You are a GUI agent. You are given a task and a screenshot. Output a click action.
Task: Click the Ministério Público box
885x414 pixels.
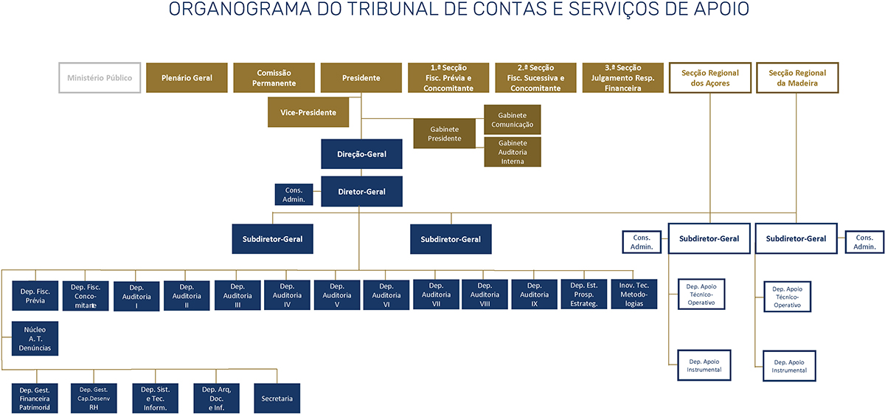pos(100,77)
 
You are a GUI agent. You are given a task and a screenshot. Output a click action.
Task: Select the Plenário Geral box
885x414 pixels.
pos(187,77)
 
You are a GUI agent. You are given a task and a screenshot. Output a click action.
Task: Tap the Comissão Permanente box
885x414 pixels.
pos(274,77)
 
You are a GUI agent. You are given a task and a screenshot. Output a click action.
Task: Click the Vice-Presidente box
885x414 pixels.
pos(308,113)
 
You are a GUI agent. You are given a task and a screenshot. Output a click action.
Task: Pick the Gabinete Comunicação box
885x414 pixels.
pos(513,120)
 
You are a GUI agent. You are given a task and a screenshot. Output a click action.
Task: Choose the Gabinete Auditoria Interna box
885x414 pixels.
pos(513,151)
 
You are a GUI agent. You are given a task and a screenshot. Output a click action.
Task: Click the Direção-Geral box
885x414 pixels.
pos(361,154)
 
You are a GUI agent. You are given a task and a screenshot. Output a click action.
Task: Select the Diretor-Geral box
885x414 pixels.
pos(361,191)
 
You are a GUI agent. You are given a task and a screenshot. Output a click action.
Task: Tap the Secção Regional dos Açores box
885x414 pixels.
pos(709,77)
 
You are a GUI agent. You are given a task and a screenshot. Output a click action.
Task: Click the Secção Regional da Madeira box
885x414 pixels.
pos(797,77)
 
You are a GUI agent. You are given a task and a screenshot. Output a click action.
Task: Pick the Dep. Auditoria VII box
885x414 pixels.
pos(436,294)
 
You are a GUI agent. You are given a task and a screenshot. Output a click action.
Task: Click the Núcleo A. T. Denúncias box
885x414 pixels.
pos(35,339)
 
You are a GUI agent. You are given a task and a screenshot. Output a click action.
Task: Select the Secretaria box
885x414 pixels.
pos(277,399)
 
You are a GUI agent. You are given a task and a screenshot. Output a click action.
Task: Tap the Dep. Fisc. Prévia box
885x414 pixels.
pos(35,294)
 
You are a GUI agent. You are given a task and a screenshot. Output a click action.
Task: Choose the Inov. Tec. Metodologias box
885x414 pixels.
pos(634,294)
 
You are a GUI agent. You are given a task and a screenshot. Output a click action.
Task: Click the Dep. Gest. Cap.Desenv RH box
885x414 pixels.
pos(94,399)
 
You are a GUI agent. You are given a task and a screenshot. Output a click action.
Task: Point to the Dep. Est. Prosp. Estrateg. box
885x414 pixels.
pos(584,294)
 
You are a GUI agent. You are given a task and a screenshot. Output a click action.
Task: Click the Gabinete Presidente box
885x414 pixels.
pos(445,134)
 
